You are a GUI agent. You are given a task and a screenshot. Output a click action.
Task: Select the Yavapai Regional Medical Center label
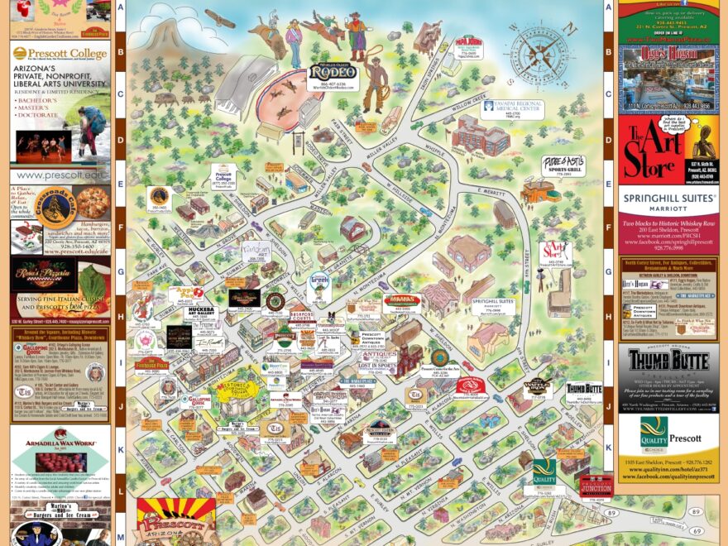point(514,108)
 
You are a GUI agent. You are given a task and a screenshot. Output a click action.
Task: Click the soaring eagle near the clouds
point(219,17)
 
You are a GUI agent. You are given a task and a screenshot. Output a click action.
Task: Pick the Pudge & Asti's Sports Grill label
point(565,163)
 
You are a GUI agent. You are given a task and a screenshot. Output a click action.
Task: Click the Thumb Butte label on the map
point(584,389)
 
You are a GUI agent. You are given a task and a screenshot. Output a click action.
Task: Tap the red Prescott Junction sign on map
point(596,486)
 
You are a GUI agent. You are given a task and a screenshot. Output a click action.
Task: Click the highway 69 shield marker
point(696,530)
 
